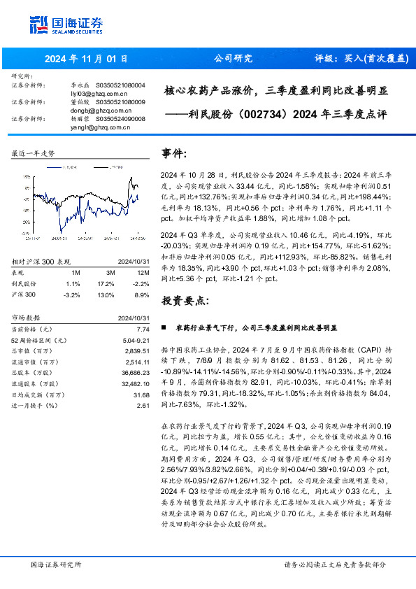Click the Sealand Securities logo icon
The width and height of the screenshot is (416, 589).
click(41, 24)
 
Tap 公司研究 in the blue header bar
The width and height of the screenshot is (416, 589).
click(232, 59)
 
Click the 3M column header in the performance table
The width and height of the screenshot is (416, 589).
click(110, 272)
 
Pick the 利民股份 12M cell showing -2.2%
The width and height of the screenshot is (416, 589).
click(142, 284)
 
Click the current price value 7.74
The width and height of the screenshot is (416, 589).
click(143, 328)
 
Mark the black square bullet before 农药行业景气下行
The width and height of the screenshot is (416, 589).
click(164, 327)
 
